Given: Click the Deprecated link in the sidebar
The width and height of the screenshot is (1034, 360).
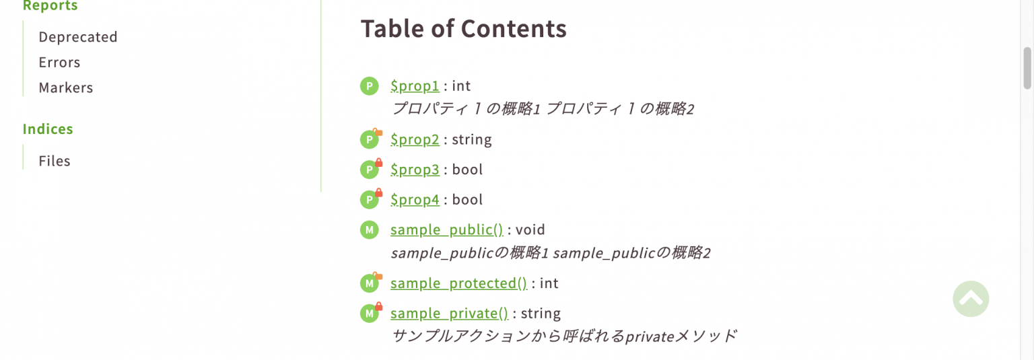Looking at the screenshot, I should coord(77,37).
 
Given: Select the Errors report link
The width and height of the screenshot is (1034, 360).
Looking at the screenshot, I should coord(59,63).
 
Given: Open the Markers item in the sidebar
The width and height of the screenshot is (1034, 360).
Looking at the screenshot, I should coord(65,88).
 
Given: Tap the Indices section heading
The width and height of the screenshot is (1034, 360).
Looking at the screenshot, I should coord(48,129).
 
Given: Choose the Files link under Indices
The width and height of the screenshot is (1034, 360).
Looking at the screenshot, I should coord(55,161).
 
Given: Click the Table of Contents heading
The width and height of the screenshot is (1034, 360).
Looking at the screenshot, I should coord(463,29).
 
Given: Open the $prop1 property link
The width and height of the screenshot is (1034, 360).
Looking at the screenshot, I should coord(415,85).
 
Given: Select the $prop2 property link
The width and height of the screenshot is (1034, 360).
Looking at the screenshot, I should coord(415,139).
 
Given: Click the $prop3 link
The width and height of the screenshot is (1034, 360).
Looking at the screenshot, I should coord(415,170).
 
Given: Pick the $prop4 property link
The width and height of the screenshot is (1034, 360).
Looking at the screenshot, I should coord(415,200).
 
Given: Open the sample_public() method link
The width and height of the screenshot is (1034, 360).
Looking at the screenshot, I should coord(446,229).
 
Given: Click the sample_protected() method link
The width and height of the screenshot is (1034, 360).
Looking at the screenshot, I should coord(458,283).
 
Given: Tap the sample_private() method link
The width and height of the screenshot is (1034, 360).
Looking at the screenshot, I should coord(449,314).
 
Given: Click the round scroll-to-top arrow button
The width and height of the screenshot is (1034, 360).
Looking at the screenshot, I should coord(971,298).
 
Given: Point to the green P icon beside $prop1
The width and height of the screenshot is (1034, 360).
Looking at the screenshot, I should coord(369,86).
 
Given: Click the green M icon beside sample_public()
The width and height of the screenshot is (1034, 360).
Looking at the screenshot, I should coord(369,230).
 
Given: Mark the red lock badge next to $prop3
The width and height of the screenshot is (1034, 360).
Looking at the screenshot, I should coord(378,163).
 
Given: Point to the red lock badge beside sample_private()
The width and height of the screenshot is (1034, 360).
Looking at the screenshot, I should coord(378,307).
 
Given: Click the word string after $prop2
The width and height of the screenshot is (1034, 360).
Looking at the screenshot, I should coord(471,140).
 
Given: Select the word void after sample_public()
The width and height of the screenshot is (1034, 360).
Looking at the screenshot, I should coord(530,230).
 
